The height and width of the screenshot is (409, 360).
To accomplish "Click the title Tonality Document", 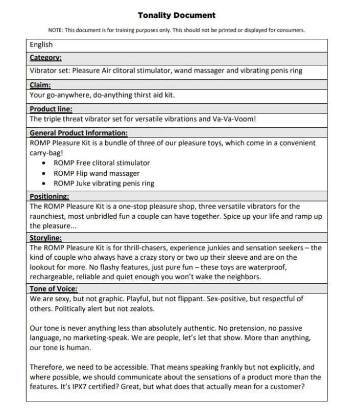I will (x=177, y=15).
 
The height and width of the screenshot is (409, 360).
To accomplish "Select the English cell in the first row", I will (x=41, y=44).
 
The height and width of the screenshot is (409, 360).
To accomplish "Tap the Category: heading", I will (x=45, y=58).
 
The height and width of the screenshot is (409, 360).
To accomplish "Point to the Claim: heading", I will (x=40, y=84).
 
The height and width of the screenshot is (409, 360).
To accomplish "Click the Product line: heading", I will (x=51, y=109).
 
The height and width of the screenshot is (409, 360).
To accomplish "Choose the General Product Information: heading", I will (x=78, y=133).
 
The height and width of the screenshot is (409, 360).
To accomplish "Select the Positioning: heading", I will (x=49, y=196).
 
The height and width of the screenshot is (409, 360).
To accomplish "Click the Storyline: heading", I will (x=46, y=237).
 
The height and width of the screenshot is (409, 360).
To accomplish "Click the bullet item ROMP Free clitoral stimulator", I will (x=102, y=163).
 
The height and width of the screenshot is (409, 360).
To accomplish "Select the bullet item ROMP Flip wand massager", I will (x=97, y=173).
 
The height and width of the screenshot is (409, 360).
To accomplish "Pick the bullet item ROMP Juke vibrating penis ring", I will (x=104, y=183).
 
